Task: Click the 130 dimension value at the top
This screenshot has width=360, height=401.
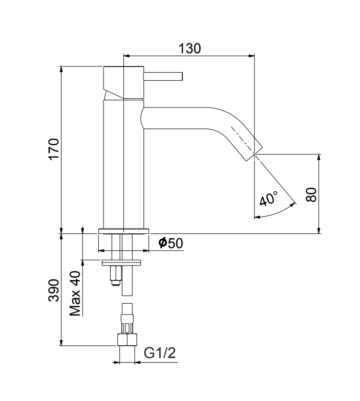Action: (x=189, y=49)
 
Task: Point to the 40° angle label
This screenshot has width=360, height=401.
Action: (x=268, y=198)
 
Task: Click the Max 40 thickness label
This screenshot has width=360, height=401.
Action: (x=76, y=294)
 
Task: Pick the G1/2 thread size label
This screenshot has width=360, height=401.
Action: (x=160, y=353)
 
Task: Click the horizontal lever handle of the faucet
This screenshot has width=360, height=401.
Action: (x=163, y=77)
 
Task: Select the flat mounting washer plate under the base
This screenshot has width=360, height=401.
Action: (x=123, y=263)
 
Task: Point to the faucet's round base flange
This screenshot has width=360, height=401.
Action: (x=123, y=230)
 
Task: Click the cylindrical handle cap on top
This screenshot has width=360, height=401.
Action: (x=123, y=82)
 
